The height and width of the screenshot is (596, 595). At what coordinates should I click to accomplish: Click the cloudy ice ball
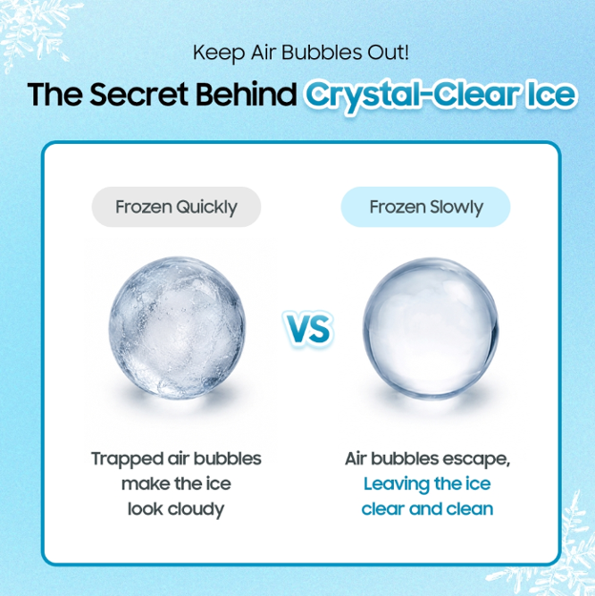tap(177, 328)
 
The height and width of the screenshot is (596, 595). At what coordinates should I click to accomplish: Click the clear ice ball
tap(430, 329)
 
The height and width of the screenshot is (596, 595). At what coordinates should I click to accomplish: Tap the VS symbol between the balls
tap(308, 329)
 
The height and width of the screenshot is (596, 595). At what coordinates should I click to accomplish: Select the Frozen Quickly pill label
tap(176, 207)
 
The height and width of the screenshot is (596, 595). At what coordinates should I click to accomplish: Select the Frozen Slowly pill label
tap(426, 207)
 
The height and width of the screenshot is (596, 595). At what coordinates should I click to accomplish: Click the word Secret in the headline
tap(139, 93)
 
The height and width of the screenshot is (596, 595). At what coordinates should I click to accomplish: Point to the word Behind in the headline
tap(246, 93)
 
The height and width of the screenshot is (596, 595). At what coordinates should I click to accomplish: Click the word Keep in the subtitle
tap(218, 53)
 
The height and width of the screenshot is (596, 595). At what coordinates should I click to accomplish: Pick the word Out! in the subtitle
tap(388, 52)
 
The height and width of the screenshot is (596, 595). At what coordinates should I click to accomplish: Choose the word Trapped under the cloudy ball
tap(128, 460)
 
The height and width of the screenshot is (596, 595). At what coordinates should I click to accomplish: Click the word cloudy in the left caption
tap(196, 510)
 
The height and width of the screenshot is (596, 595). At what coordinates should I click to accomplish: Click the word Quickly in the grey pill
tap(207, 208)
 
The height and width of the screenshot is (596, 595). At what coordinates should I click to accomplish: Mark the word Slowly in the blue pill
tap(456, 208)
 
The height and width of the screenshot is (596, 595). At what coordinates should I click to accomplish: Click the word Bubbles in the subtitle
tap(321, 52)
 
